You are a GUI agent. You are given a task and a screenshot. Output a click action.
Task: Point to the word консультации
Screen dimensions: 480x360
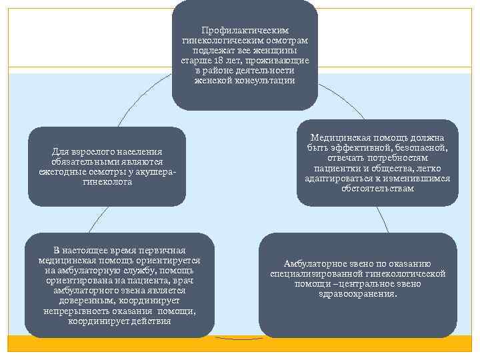[265, 81]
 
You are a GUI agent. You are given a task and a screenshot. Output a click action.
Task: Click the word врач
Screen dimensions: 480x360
[189, 281]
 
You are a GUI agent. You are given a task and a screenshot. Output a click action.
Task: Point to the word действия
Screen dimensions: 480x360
[152, 321]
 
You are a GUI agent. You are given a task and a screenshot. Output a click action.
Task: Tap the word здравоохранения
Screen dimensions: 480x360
[358, 293]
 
